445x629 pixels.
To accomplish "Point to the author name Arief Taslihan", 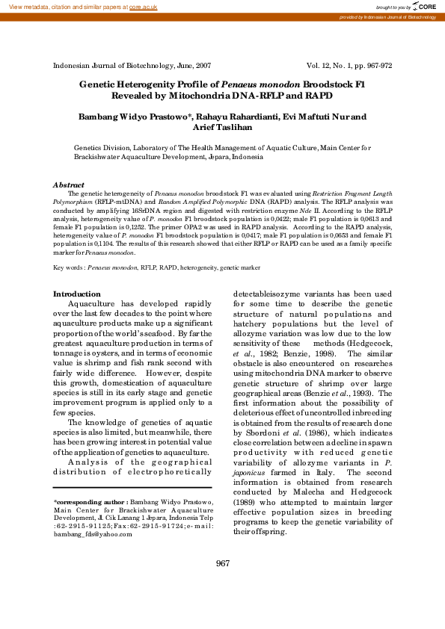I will click(x=222, y=127).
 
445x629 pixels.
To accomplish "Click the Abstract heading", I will click(x=67, y=185).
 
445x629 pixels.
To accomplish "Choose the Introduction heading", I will click(x=76, y=294).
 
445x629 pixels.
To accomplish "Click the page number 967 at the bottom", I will click(x=222, y=563).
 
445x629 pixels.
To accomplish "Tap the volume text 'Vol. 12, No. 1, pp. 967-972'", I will click(x=349, y=65).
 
